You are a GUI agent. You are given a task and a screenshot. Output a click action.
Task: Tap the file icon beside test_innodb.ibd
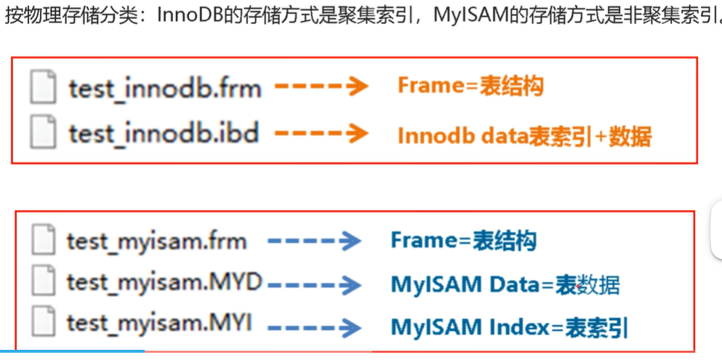(43, 134)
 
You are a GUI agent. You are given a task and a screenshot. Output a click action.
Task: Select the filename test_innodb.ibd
(164, 134)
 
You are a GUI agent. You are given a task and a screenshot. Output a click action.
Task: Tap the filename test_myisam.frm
(156, 241)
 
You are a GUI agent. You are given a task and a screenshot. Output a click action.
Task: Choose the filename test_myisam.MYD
(164, 281)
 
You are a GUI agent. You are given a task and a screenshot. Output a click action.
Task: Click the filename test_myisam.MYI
(159, 323)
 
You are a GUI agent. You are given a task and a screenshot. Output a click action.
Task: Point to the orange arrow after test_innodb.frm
(320, 88)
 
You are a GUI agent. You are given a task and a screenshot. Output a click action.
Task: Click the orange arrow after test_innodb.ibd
(320, 134)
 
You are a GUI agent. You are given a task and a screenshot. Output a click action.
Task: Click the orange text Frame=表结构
(470, 87)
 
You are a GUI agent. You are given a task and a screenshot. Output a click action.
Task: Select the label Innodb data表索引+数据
(524, 136)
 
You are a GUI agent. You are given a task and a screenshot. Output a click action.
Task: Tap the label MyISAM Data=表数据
(505, 284)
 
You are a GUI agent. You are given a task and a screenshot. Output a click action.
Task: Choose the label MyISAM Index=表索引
(509, 327)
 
